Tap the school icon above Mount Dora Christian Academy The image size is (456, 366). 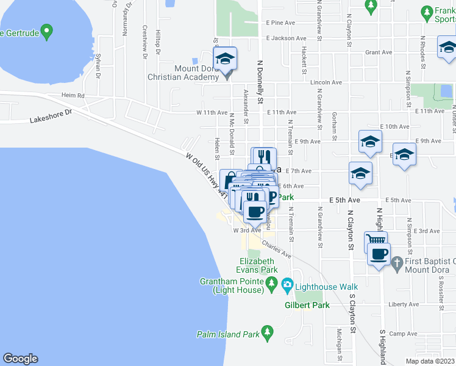coord(225,59)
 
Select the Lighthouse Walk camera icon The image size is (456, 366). coord(287,284)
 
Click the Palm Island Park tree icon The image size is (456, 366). coord(266,332)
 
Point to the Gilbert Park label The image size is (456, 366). coord(307,305)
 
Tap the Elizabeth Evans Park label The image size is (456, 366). coord(258,265)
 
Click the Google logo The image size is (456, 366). coord(20,359)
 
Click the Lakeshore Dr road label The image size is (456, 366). coord(51,117)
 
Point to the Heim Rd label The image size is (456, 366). coord(73,96)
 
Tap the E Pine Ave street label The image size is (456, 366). coord(280,23)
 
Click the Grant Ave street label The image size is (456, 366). coord(378,52)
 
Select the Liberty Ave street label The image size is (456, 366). coord(404,304)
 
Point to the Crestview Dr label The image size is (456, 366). coord(144,41)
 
